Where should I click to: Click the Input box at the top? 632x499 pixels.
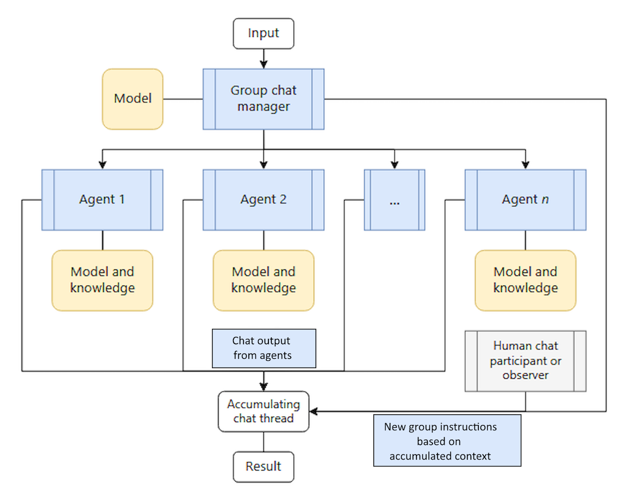(263, 33)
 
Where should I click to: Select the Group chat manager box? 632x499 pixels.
(263, 99)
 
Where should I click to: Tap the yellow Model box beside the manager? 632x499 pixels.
(133, 99)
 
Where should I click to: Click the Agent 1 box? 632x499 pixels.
(102, 200)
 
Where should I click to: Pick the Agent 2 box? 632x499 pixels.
(263, 200)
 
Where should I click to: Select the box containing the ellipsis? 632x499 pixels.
(395, 200)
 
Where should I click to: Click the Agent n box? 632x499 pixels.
(525, 200)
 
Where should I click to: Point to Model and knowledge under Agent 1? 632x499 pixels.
(102, 280)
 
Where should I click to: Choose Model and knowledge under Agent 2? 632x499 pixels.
(263, 280)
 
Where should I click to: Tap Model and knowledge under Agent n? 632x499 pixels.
(525, 280)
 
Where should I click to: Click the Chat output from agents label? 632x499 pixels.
(263, 348)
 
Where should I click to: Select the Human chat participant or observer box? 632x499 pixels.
(525, 360)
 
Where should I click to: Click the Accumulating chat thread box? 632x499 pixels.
(263, 411)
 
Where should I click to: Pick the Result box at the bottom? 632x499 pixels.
(263, 467)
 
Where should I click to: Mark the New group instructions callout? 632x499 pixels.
(447, 441)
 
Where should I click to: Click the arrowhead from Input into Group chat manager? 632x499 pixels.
(264, 64)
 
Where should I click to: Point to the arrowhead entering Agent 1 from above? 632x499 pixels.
(103, 165)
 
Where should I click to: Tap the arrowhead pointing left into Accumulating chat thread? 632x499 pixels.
(314, 411)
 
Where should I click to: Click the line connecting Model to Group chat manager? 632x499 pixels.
(183, 99)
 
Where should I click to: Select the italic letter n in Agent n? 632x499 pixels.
(545, 200)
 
